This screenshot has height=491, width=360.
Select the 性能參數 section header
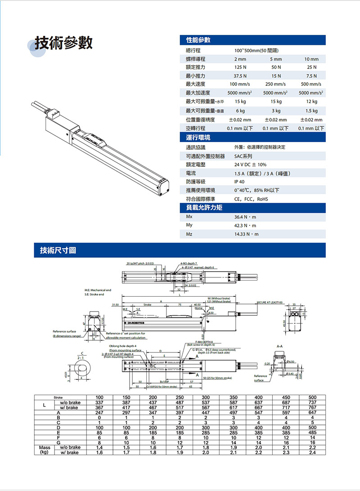coord(198,40)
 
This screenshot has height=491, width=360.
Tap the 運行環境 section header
coord(198,137)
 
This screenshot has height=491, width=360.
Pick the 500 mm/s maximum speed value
coord(311,85)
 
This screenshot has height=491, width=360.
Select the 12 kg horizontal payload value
coord(311,102)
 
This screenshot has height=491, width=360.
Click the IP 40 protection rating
coord(239,182)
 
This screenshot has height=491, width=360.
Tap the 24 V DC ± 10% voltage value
coord(250,165)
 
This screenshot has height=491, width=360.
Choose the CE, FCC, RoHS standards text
coord(251,199)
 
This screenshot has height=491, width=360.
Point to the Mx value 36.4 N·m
coord(245,217)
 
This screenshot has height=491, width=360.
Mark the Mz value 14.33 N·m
coord(246,234)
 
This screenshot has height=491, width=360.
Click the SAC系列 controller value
coord(243,156)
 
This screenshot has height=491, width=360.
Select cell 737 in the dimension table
coord(311,402)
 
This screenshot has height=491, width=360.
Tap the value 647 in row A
coord(311,412)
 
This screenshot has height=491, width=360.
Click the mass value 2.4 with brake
coord(311,452)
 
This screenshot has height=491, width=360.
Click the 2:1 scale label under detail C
coord(82,358)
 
